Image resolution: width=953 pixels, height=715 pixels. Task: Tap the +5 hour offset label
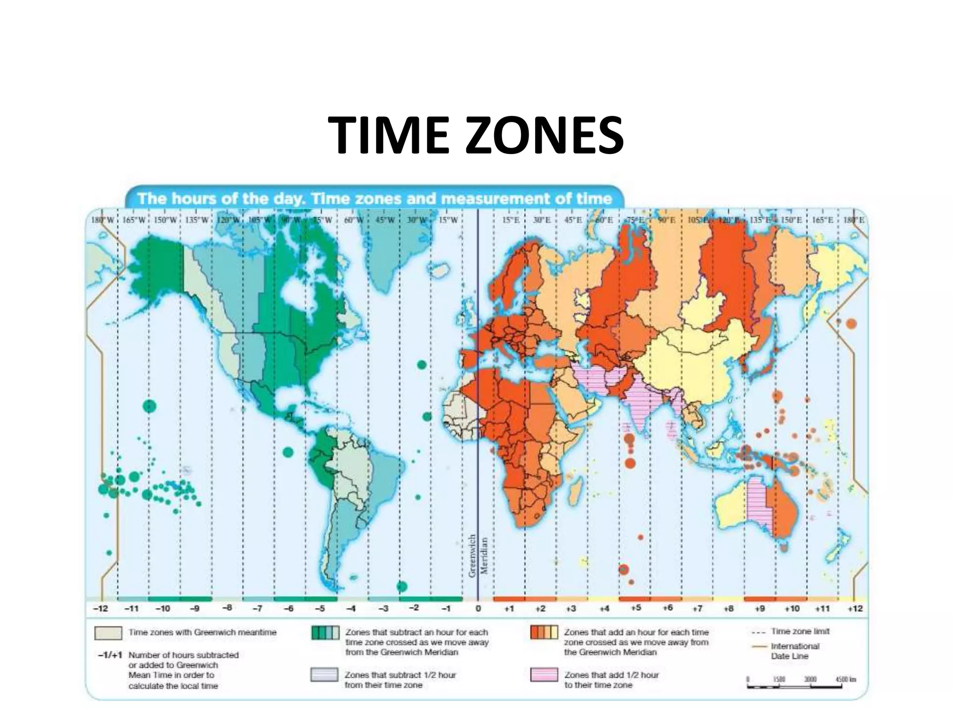[636, 608]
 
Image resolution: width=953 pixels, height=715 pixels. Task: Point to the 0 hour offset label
[478, 608]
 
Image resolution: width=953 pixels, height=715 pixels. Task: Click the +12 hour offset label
[855, 608]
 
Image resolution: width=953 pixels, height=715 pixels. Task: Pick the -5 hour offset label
[320, 608]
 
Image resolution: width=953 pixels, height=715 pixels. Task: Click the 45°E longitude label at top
[573, 220]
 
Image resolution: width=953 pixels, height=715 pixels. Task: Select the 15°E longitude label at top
[510, 220]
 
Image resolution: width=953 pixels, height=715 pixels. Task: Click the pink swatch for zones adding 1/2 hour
[544, 675]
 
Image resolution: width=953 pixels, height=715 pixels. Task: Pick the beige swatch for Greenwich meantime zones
[108, 633]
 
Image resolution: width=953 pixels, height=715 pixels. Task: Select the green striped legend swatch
[325, 633]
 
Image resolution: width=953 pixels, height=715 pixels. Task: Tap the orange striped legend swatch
[544, 633]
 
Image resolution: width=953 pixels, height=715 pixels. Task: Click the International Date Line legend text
[795, 651]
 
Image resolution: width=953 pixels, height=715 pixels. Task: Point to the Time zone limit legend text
[800, 632]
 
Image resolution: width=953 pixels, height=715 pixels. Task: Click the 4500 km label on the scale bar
[846, 679]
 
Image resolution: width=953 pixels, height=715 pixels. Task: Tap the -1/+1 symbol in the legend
[110, 655]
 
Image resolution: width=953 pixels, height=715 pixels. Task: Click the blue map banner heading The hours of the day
[375, 199]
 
